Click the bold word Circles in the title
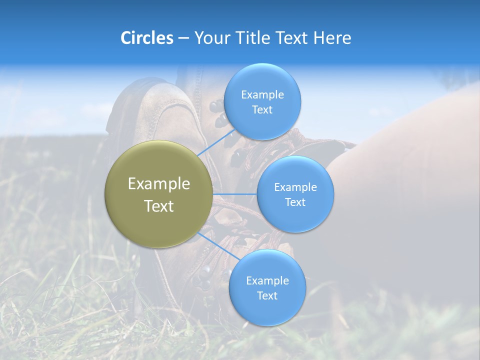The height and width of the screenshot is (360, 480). click(146, 38)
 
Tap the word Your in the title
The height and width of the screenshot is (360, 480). click(209, 38)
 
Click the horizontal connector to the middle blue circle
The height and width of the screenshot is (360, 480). click(234, 193)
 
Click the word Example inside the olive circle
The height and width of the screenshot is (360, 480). click(159, 184)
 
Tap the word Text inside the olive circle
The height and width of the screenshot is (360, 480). click(159, 206)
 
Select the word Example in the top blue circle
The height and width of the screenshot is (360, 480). click(262, 95)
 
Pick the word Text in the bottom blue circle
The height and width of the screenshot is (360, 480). click(267, 295)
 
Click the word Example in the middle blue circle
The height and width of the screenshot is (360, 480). click(295, 187)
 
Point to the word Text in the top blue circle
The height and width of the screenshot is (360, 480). click(262, 110)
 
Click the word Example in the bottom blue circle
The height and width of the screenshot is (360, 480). click(267, 280)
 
